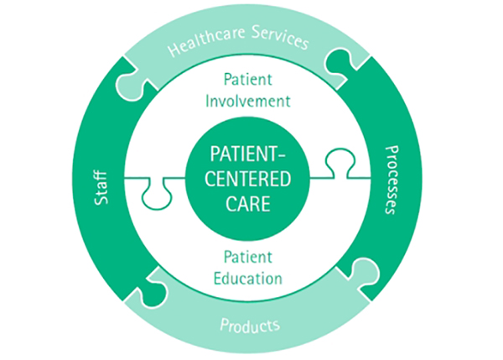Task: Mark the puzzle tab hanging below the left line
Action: coord(155,196)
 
